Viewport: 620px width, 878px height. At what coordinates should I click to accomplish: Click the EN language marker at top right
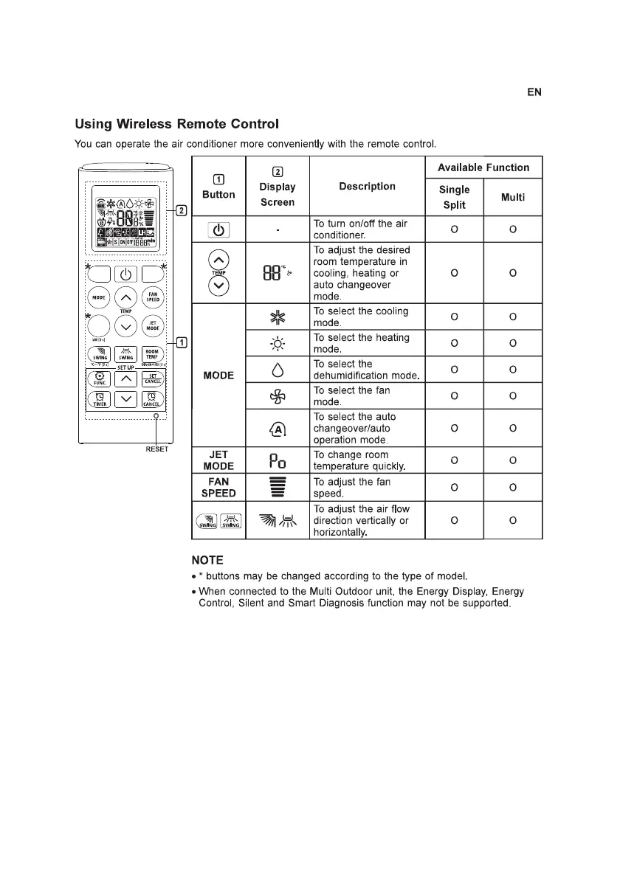tap(534, 92)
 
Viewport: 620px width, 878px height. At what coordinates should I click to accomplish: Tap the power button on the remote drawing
tap(125, 274)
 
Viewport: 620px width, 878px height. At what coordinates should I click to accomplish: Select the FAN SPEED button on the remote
tap(153, 298)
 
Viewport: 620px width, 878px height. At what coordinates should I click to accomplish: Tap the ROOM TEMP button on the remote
tap(152, 354)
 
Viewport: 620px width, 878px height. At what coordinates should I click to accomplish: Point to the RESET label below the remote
tap(156, 449)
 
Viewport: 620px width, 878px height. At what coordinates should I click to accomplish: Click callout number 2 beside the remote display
tap(181, 210)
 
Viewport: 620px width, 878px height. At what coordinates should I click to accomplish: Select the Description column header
tap(367, 187)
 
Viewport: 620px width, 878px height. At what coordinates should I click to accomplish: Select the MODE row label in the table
tap(218, 376)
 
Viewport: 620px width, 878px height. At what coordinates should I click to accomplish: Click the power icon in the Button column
tap(218, 229)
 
